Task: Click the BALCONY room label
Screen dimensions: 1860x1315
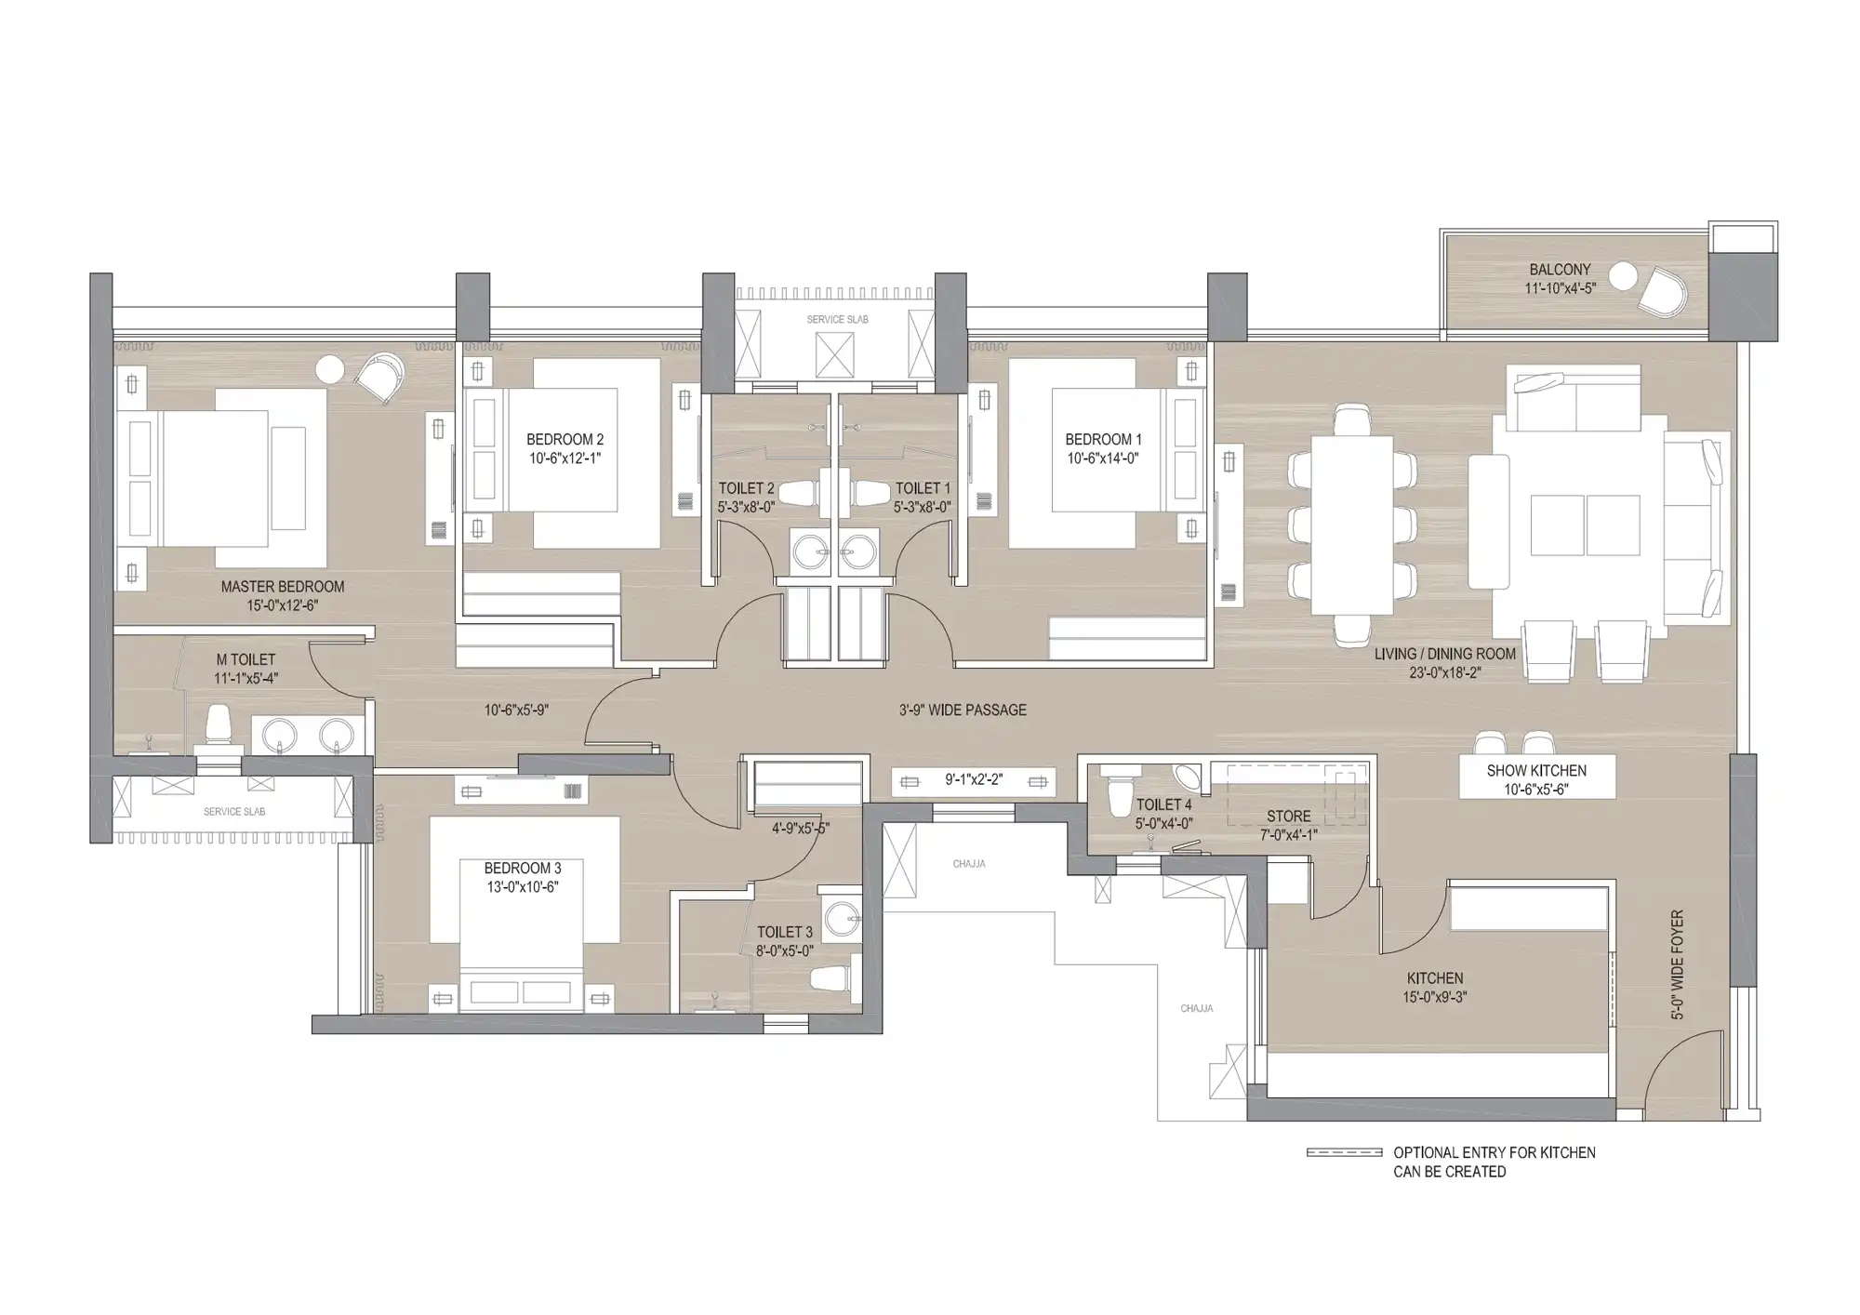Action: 1560,270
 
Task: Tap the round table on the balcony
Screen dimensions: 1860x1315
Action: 1624,277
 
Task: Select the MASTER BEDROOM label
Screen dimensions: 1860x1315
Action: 283,587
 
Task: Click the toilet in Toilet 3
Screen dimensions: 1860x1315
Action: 830,978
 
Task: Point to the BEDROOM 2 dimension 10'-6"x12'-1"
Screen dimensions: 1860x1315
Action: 565,458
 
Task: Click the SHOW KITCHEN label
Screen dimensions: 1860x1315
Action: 1536,771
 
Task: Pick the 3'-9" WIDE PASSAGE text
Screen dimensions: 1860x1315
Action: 963,711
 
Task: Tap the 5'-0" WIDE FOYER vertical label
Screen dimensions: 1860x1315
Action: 1678,964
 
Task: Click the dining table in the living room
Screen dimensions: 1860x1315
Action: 1352,525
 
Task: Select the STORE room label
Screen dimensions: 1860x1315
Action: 1289,817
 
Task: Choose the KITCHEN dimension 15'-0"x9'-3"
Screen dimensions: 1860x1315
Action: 1435,998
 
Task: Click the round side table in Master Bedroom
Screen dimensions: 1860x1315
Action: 330,369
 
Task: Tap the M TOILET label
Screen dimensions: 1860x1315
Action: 246,660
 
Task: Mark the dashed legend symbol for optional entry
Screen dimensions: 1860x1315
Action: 1345,1153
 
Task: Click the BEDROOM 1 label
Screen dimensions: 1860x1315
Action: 1104,440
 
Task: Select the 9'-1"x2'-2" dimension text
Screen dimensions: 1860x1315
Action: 974,780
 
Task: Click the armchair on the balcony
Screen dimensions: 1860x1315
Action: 1661,290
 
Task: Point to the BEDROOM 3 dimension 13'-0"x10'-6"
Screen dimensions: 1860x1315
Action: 523,887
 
